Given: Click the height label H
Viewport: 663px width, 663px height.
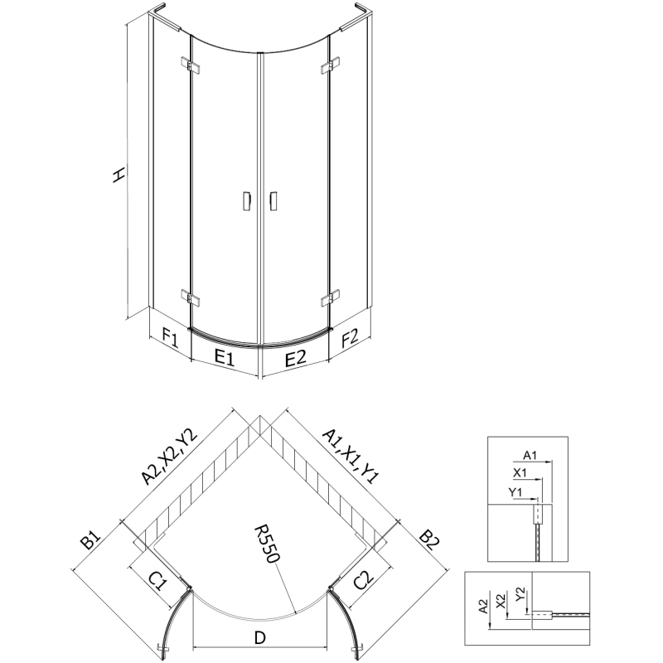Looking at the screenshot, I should pos(119,174).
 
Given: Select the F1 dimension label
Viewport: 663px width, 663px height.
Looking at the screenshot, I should pos(171,338).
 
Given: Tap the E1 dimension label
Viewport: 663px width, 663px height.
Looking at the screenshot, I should pos(225,359).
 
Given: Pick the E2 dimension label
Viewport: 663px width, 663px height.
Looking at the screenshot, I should pos(296,359).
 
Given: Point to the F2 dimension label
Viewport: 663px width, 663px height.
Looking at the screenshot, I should pos(349,338).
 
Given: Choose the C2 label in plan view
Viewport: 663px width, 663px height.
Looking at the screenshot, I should pos(363,580).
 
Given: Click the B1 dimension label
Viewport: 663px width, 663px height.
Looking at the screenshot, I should pos(90,543).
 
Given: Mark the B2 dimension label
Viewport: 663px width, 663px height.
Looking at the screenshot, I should pos(428,543).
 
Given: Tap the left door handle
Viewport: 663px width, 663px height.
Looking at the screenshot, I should pos(245,201).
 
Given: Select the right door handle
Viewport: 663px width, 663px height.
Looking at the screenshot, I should pos(273,201).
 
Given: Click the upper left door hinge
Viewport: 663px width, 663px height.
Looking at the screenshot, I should pos(189,64).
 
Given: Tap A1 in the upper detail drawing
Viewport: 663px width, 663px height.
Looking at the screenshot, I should pos(532,455).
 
